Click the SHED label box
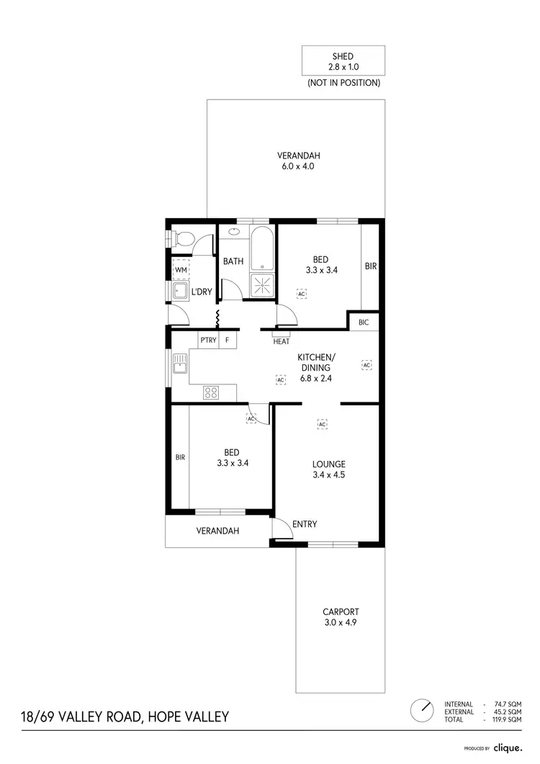343,60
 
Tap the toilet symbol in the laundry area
184,239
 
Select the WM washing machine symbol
180,269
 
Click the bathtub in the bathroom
261,248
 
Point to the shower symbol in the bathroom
261,285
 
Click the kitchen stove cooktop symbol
211,392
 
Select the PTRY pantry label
208,340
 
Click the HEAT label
281,341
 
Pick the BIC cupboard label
364,323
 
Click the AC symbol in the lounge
322,424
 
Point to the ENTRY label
305,524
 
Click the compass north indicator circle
421,711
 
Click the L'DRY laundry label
202,292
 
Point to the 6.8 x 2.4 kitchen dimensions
317,377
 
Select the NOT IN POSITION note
343,83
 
